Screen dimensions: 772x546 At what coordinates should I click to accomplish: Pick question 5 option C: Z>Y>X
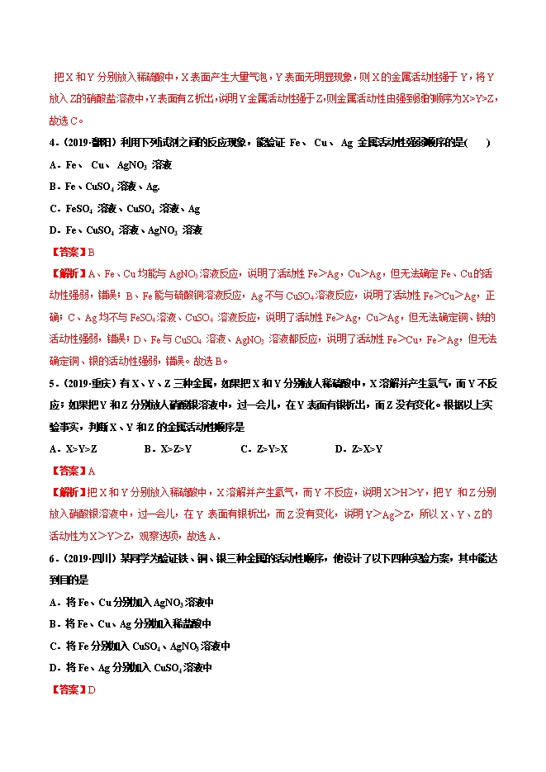[264, 449]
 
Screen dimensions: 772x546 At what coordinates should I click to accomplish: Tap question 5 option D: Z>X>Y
[358, 449]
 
